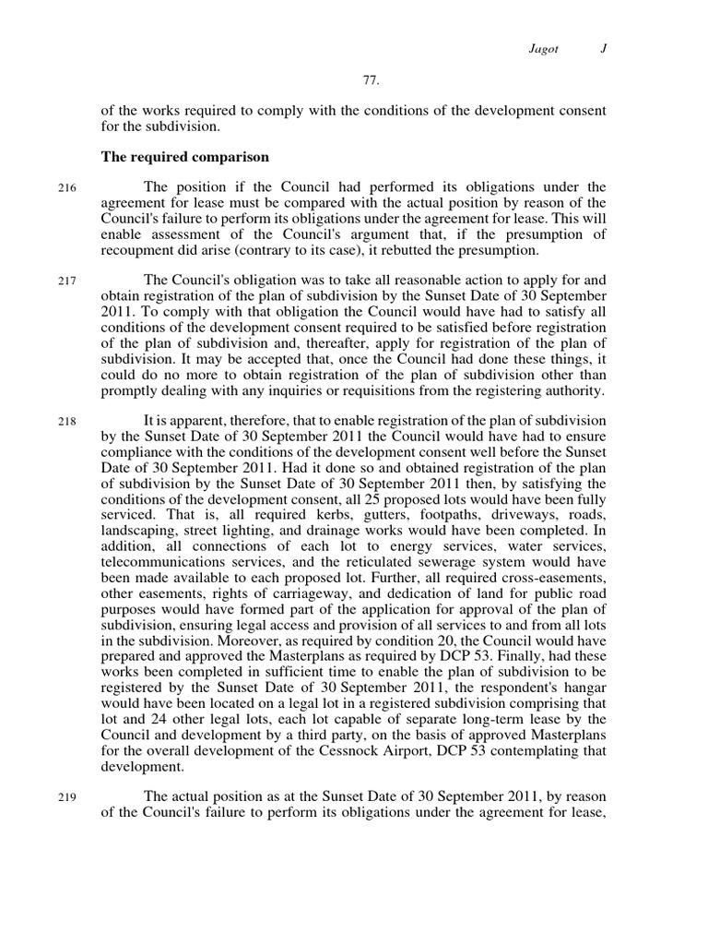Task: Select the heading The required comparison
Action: click(x=184, y=157)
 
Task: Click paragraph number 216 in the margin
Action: click(x=66, y=189)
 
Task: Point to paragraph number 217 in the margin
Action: click(x=66, y=281)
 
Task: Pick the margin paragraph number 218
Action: click(x=66, y=420)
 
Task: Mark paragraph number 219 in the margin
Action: click(x=66, y=797)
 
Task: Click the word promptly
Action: click(x=128, y=390)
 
